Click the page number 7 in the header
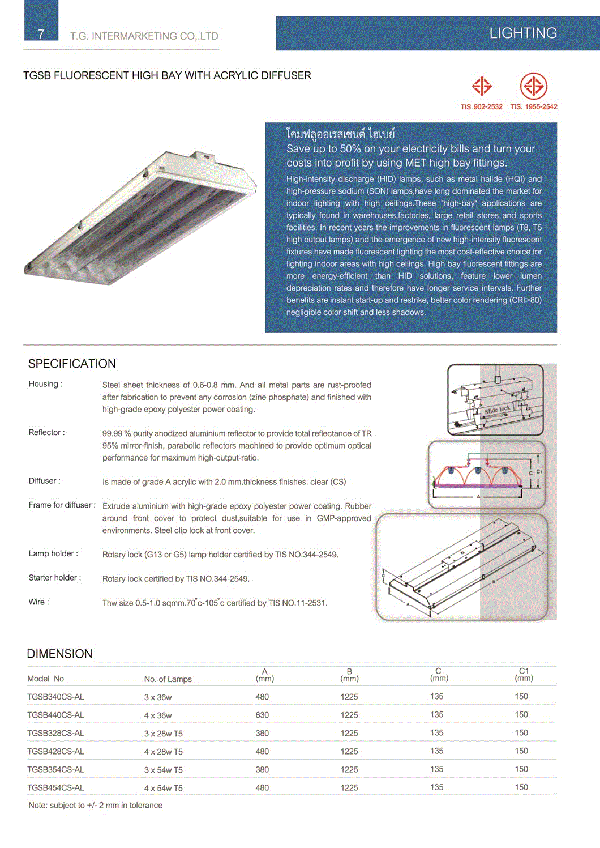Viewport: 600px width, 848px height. point(41,34)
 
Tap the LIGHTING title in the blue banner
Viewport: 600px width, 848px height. point(522,33)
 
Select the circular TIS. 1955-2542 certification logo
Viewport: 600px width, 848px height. point(533,87)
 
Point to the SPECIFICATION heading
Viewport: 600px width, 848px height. point(72,364)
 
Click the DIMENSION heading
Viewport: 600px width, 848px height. point(59,654)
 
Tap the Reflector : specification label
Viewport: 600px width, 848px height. point(47,433)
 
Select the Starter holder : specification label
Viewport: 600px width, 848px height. point(55,578)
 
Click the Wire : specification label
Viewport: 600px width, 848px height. point(39,602)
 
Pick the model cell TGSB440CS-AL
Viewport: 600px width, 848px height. point(55,715)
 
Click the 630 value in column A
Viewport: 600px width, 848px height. point(262,715)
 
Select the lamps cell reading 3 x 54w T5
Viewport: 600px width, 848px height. point(163,770)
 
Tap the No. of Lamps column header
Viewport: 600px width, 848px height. point(168,679)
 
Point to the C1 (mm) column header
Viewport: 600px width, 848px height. point(524,675)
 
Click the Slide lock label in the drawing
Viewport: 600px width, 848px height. point(498,410)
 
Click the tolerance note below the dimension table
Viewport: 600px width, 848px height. point(96,806)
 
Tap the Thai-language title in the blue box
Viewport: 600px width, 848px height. point(340,134)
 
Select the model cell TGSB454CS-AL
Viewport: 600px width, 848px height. point(55,787)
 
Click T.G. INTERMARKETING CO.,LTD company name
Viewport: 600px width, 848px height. point(144,36)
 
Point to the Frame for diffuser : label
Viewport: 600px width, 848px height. point(62,505)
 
